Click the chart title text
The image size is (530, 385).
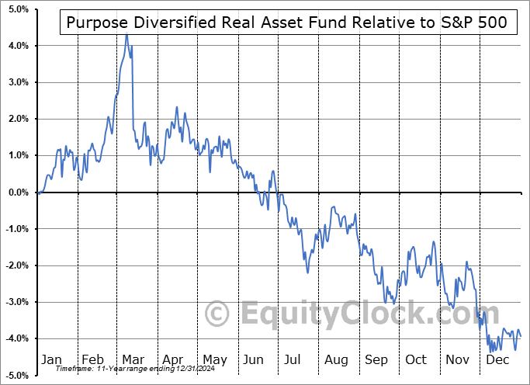(x=287, y=23)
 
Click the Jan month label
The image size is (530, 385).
(x=50, y=360)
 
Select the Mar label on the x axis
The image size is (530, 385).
(x=132, y=360)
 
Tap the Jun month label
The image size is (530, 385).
(x=254, y=360)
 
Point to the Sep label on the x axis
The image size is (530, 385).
(x=376, y=360)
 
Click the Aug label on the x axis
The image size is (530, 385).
(x=336, y=360)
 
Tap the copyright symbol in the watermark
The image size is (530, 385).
(x=218, y=314)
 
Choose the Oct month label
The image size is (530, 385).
(x=417, y=360)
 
